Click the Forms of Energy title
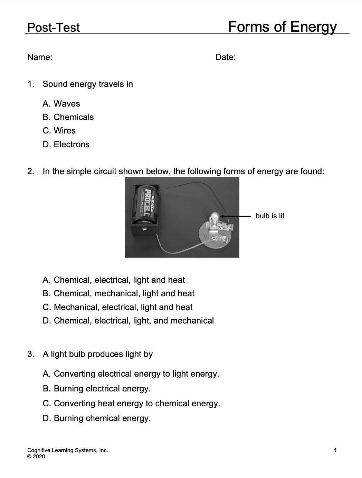click(x=282, y=27)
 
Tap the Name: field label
click(x=40, y=57)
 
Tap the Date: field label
click(x=225, y=57)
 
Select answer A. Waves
click(x=61, y=104)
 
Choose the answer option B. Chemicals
click(x=68, y=117)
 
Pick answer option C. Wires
click(x=59, y=131)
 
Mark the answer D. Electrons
click(x=66, y=145)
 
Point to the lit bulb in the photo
click(x=215, y=217)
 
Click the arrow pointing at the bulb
click(x=235, y=216)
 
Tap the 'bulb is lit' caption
click(x=270, y=216)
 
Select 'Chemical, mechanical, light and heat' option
click(x=118, y=293)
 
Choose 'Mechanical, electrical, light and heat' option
click(x=117, y=307)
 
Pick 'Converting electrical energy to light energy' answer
click(x=131, y=374)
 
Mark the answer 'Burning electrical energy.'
click(x=97, y=389)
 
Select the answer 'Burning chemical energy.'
click(x=97, y=418)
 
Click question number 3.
click(x=31, y=354)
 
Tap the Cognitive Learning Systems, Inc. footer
click(x=68, y=450)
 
